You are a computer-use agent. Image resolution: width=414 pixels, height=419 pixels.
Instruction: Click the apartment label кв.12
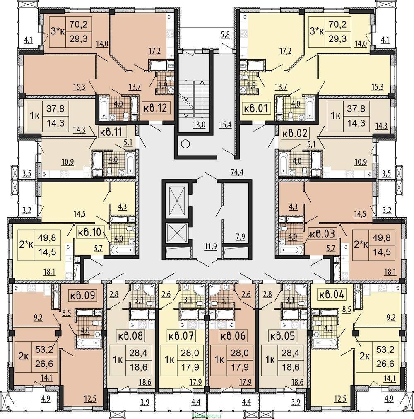coord(155,108)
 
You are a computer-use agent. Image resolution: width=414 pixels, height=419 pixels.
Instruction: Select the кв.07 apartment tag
coord(180,335)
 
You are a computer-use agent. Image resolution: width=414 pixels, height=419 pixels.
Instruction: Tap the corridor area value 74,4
coord(237,172)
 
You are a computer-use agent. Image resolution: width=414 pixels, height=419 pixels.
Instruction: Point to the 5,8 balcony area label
coord(225,35)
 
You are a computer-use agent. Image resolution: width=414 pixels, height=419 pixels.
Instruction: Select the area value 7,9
coord(241,236)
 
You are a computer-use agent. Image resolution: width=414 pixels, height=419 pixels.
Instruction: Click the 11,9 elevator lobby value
coord(210,246)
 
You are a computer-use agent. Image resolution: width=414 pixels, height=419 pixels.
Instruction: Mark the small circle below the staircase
coord(185,144)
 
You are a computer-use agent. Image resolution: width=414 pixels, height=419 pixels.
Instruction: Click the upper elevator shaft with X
coord(175,200)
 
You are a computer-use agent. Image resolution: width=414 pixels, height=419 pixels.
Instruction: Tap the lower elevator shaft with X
coord(175,233)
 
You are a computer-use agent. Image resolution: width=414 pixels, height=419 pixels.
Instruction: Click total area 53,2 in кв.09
coord(44,349)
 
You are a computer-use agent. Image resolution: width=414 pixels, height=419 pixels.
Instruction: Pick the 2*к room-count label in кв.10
coord(26,244)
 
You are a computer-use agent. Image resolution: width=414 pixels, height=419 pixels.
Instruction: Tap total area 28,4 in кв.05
coord(291,353)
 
